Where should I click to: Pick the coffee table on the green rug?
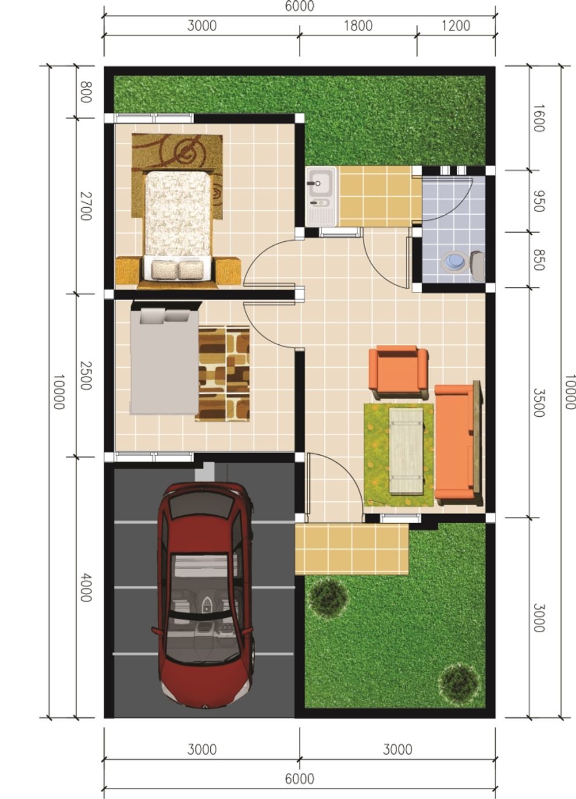[x=406, y=451]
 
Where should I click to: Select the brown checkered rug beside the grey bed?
[x=224, y=373]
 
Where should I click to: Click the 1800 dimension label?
[x=358, y=26]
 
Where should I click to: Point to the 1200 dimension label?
[x=456, y=26]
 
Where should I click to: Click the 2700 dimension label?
[x=85, y=206]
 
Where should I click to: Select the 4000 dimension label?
[x=85, y=587]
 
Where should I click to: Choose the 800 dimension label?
[x=85, y=92]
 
